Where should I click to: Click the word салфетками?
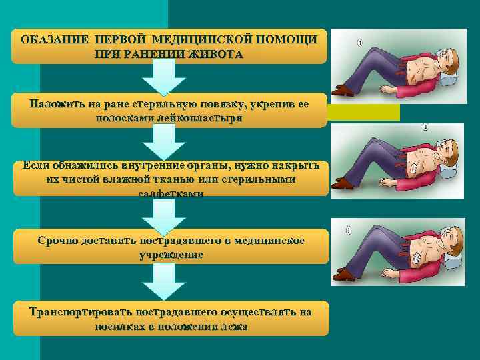(171, 193)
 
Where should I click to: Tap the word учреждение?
(171, 254)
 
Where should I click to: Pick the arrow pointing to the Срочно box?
(164, 215)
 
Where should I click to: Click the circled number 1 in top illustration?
(360, 45)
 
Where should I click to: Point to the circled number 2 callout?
(425, 127)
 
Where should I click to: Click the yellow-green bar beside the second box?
(364, 112)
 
